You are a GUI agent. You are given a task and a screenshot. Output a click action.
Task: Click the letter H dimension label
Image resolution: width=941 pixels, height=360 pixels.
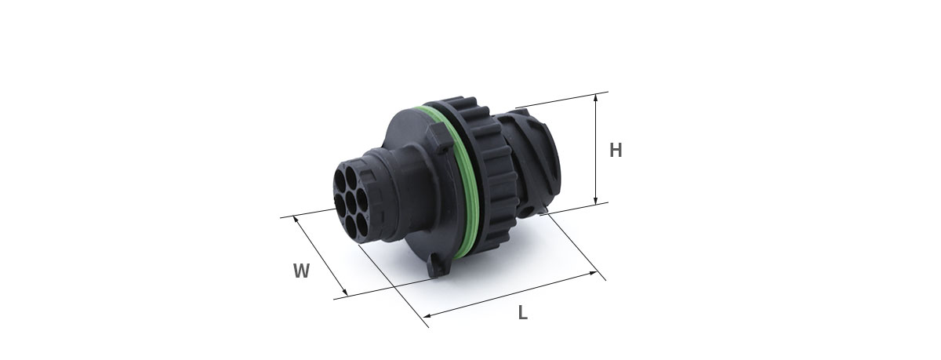pos(616,150)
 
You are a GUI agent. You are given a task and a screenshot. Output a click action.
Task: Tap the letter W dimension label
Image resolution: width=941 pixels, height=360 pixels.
pos(301,271)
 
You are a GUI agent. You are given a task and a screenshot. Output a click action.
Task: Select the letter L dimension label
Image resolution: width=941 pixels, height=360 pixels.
pos(522,312)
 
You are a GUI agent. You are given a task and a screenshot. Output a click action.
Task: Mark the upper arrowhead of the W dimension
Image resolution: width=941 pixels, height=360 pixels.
pos(296,219)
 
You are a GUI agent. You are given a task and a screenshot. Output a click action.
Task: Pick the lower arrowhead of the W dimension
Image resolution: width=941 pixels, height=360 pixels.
pos(345,293)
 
